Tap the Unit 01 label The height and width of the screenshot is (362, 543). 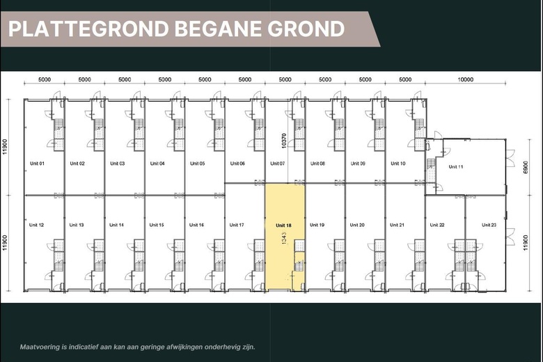click(x=37, y=164)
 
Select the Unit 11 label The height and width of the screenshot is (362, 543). click(x=456, y=166)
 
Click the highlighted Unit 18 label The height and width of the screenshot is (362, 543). click(x=283, y=225)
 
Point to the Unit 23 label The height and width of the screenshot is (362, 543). click(x=489, y=225)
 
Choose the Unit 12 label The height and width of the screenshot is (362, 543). click(x=37, y=225)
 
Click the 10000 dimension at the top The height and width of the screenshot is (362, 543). click(x=465, y=79)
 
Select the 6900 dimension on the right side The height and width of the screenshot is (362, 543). click(x=525, y=171)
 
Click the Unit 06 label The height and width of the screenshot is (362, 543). click(x=237, y=164)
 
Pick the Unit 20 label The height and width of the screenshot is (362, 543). click(x=357, y=225)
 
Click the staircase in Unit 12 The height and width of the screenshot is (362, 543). click(x=58, y=253)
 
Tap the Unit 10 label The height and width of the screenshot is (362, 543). click(x=398, y=164)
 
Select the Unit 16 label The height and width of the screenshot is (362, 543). click(x=196, y=225)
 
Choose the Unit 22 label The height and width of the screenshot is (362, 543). click(x=437, y=225)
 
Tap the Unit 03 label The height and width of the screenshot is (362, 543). click(x=117, y=164)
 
